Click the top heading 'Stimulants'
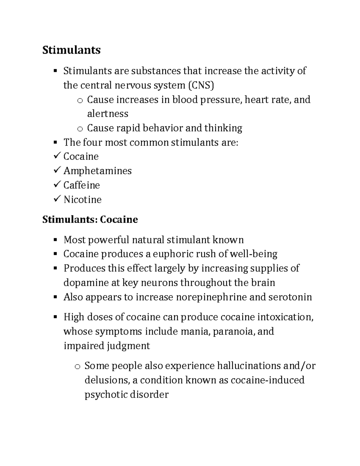71,50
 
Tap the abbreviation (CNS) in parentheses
201,86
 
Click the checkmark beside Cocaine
56,156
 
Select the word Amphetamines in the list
97,171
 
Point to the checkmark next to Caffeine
56,185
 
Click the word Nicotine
82,200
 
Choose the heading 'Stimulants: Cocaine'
90,219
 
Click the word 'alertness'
108,114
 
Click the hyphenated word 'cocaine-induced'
268,380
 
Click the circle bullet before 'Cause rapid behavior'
79,129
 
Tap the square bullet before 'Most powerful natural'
55,240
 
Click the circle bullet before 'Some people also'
77,366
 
